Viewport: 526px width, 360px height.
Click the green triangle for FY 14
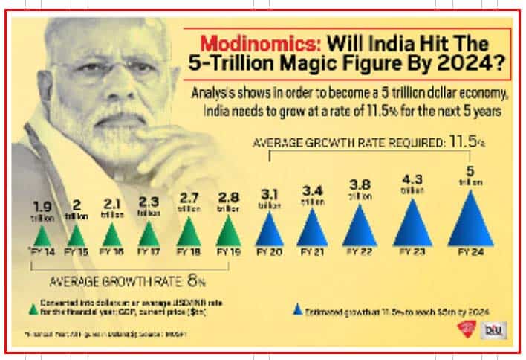(x=42, y=237)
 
